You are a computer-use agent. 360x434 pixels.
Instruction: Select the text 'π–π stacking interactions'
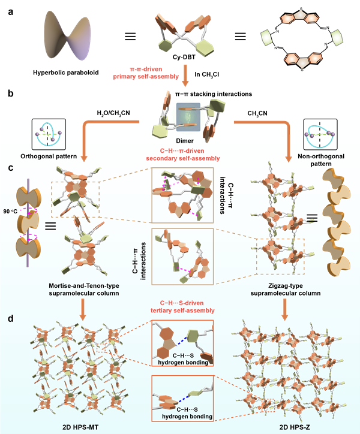click(180, 94)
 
